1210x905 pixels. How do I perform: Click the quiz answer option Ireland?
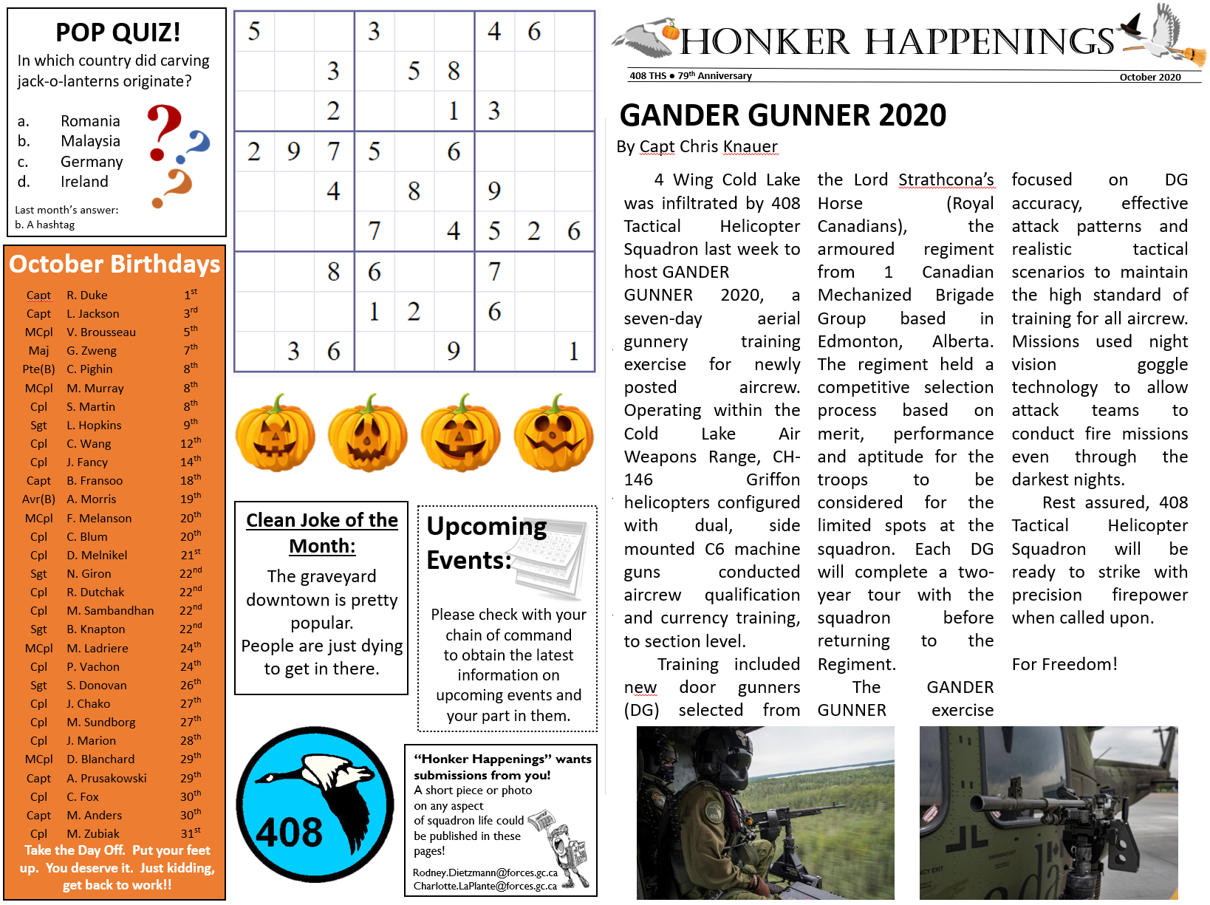point(84,182)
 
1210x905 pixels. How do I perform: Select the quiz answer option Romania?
point(90,121)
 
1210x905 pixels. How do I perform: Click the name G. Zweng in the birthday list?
point(92,351)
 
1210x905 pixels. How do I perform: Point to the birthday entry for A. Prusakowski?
point(106,778)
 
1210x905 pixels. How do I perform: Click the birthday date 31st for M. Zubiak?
point(190,833)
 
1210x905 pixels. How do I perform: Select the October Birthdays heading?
point(114,264)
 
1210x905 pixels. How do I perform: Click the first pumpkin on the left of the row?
point(275,434)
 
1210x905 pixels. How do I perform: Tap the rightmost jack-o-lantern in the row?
point(553,434)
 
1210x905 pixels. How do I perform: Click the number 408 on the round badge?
point(289,833)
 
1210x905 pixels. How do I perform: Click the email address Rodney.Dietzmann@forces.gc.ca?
point(485,872)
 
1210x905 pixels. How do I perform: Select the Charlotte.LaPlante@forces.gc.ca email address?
point(485,886)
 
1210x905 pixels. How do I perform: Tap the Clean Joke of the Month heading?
point(321,533)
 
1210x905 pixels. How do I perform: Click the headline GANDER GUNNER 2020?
point(782,115)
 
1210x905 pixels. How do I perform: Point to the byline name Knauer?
point(750,146)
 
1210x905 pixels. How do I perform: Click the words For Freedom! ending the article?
point(1064,664)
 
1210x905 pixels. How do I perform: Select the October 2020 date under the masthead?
point(1149,77)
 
